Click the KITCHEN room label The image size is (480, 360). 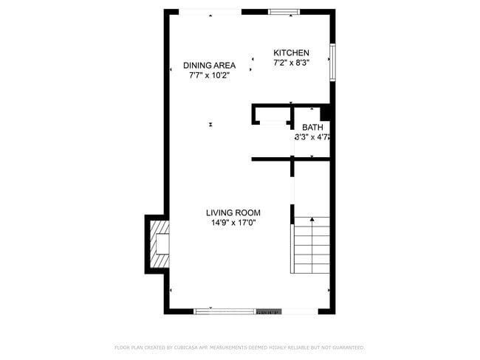[x=291, y=53]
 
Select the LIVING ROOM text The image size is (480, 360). [x=233, y=212]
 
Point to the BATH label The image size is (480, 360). [x=312, y=128]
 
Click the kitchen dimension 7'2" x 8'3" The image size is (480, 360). [x=291, y=63]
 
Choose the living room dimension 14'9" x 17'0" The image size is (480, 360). [x=233, y=222]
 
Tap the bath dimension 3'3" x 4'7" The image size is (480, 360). [x=312, y=137]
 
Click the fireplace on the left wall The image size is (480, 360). [x=158, y=244]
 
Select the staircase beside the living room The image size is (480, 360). [x=311, y=245]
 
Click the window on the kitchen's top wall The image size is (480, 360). [x=284, y=11]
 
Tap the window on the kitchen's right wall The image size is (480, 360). [x=333, y=63]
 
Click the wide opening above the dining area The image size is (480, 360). [x=210, y=11]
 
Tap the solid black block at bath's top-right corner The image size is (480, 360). [x=325, y=113]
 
